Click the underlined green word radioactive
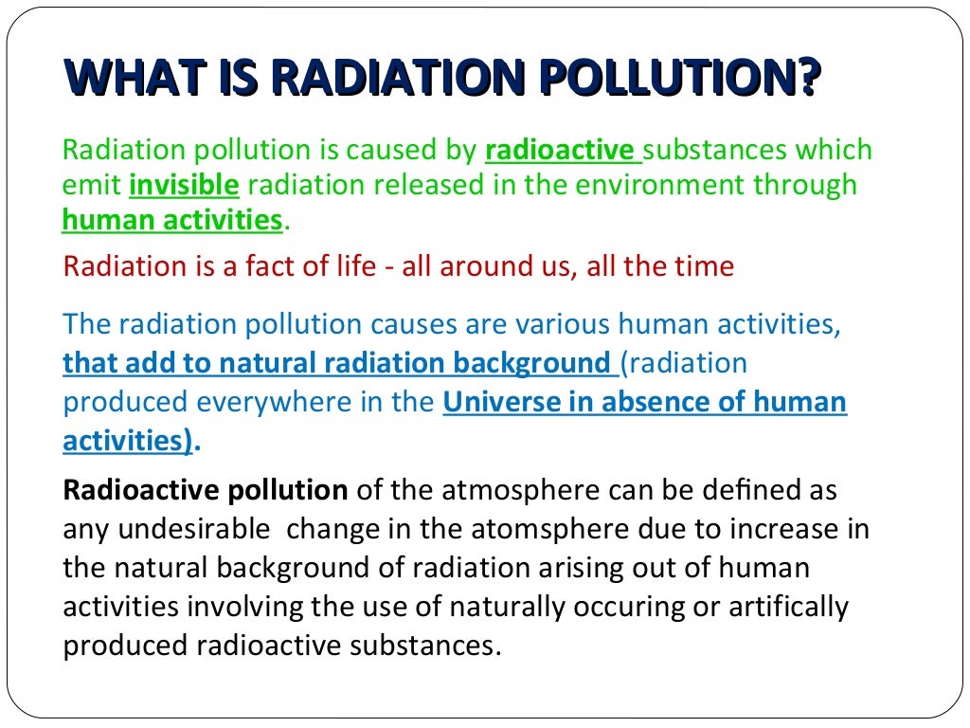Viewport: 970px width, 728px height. [559, 150]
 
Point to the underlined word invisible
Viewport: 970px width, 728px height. [184, 184]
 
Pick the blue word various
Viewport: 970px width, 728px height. [564, 325]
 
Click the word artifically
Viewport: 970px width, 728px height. [785, 606]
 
